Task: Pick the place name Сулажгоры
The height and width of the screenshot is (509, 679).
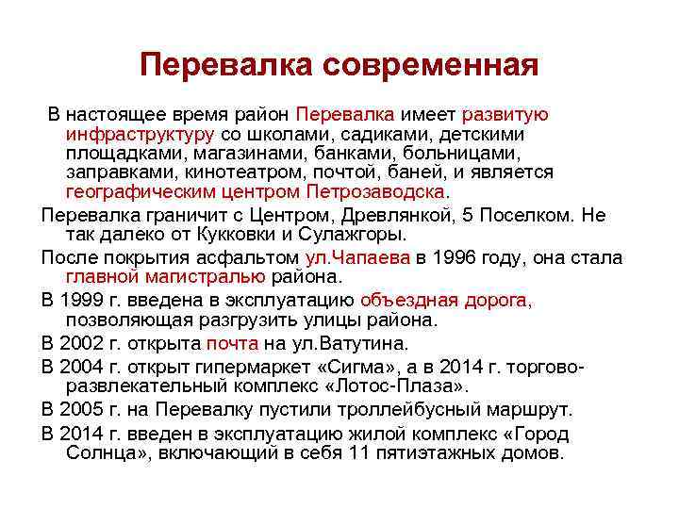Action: [x=363, y=234]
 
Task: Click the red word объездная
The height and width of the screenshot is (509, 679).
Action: [x=409, y=301]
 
